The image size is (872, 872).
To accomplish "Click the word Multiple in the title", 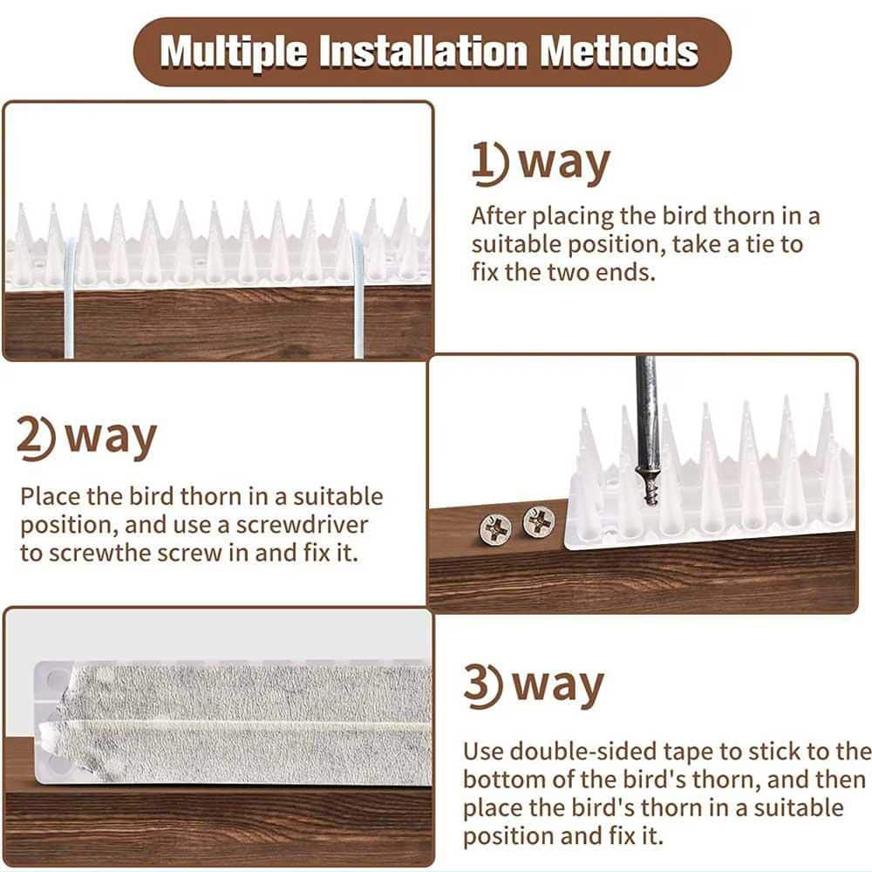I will (x=233, y=51).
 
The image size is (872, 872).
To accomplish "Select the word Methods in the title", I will (x=618, y=51).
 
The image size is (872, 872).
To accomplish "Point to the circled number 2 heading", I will (x=37, y=439).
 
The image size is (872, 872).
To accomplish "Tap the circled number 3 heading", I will (x=481, y=686).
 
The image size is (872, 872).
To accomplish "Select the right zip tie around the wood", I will (x=358, y=296).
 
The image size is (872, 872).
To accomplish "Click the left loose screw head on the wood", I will (x=496, y=528).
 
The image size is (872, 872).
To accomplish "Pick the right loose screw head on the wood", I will (x=539, y=521).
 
